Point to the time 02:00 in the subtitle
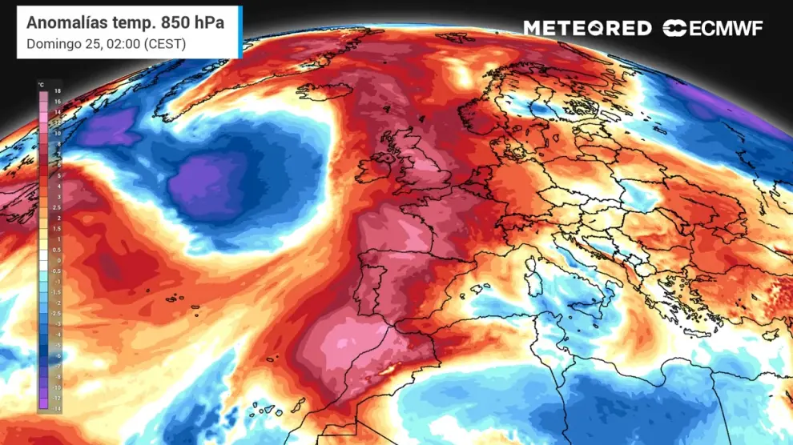[x=120, y=44]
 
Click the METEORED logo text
[x=587, y=29]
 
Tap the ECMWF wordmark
[x=723, y=29]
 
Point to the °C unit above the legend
[x=40, y=83]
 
